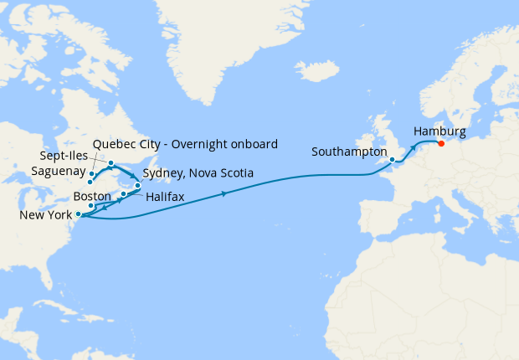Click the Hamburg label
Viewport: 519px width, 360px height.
[439, 131]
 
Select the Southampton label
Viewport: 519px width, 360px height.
[349, 152]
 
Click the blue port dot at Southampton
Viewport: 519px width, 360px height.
[392, 159]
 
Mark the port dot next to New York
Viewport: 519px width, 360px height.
[79, 214]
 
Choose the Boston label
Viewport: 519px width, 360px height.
[92, 195]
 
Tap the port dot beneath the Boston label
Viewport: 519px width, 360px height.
[91, 205]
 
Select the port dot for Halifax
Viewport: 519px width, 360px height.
[123, 194]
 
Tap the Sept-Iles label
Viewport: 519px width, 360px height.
[67, 157]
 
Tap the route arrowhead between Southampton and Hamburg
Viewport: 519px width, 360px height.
[414, 146]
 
